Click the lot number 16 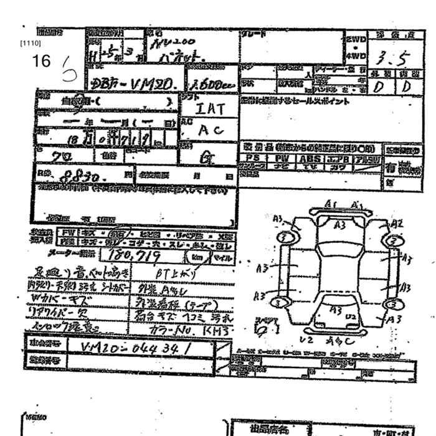(41, 60)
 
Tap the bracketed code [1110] (30, 44)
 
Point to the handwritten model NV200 (178, 42)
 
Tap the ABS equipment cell (310, 159)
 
